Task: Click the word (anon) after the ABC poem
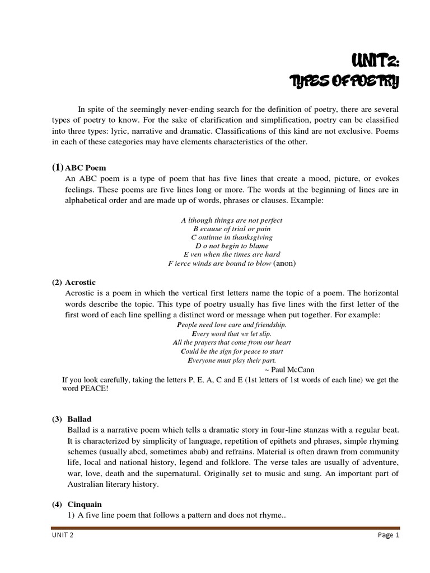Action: point(284,262)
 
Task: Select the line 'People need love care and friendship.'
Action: point(231,325)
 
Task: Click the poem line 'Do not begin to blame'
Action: point(231,246)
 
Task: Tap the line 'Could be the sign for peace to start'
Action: point(231,351)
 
